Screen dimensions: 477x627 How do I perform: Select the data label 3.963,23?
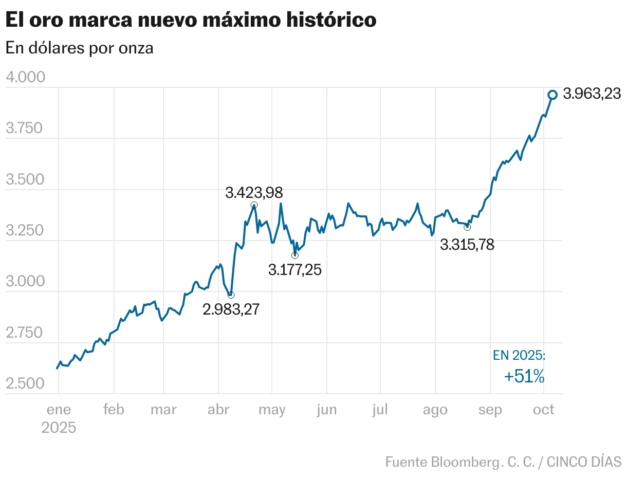point(592,94)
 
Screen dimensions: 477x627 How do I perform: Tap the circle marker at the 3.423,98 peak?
point(254,205)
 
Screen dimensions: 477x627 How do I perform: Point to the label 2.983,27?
point(231,309)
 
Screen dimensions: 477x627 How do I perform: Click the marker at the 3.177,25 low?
point(294,255)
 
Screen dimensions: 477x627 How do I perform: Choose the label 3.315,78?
point(467,245)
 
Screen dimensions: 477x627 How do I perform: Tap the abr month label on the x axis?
point(218,410)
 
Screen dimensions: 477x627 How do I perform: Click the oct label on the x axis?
point(544,410)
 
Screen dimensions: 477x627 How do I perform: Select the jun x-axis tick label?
point(327,410)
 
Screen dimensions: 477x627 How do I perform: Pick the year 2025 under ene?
point(59,428)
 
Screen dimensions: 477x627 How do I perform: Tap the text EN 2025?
point(519,356)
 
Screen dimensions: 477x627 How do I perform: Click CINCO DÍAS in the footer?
point(584,462)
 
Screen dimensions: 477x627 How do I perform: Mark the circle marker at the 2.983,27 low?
point(231,295)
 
